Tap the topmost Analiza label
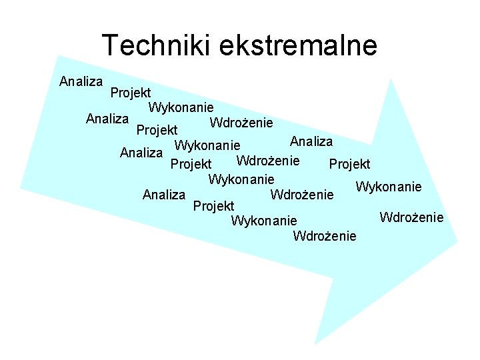pyautogui.click(x=81, y=82)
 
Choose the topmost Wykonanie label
pyautogui.click(x=181, y=107)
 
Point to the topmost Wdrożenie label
pyautogui.click(x=241, y=123)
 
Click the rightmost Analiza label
pyautogui.click(x=311, y=141)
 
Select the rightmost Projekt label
pyautogui.click(x=350, y=164)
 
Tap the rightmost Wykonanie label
pyautogui.click(x=389, y=187)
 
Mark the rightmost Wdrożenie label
pyautogui.click(x=411, y=217)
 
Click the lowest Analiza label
pyautogui.click(x=164, y=195)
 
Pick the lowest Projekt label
pyautogui.click(x=213, y=206)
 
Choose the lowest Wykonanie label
pyautogui.click(x=263, y=221)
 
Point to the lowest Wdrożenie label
pyautogui.click(x=325, y=235)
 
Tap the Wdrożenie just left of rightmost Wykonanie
pyautogui.click(x=301, y=195)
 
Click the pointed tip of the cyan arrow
pyautogui.click(x=457, y=241)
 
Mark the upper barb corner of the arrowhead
pyautogui.click(x=389, y=79)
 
